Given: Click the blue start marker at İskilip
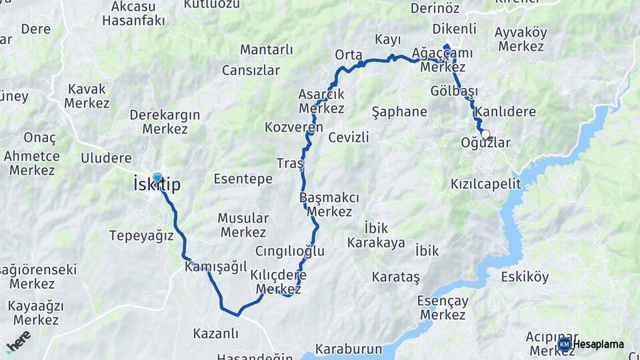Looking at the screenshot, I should coord(157,177).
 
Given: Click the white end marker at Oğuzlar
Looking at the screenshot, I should coord(485,134).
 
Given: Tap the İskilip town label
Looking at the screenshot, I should coord(157,185).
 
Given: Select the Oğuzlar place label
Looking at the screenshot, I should coord(485,143).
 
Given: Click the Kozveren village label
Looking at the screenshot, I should coord(293,127).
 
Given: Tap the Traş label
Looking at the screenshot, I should coord(290,163).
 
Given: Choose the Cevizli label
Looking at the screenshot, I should coord(348,137).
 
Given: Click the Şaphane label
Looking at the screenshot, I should coord(399,111).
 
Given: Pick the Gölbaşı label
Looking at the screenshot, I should coord(454,91).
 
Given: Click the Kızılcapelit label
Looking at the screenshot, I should coord(485,183).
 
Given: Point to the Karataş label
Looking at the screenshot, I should coord(396,276).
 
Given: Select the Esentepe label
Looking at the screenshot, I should coord(243,179).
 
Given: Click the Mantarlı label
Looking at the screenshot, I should coord(267,50).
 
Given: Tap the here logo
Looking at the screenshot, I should coord(18,341).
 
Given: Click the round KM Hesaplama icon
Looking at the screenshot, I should coord(565,344).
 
